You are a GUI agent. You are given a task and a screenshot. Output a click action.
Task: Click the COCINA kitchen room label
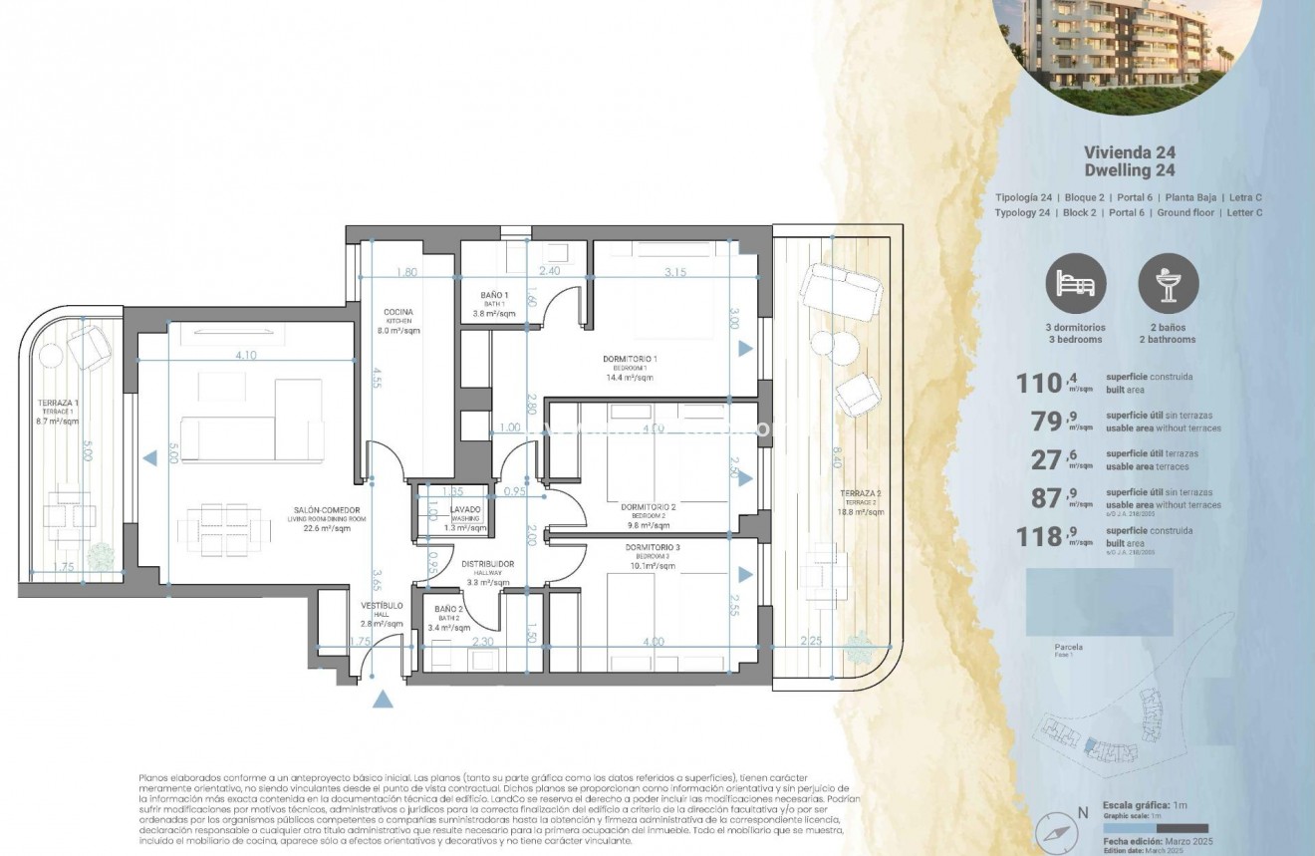coord(398,312)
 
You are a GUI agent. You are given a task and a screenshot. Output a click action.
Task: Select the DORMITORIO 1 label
coord(630,359)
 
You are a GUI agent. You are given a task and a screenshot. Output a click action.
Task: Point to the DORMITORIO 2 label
coord(648,507)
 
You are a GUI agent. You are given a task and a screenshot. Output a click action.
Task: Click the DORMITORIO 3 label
coord(653,547)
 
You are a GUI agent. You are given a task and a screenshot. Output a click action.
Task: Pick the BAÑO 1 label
coord(493,296)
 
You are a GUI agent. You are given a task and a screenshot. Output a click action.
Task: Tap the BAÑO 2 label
coord(448,608)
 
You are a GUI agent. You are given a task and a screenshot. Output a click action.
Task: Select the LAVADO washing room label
coord(465,510)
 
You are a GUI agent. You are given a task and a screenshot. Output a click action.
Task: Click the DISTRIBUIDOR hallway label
coord(488,564)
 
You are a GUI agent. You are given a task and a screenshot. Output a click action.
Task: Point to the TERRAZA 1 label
coord(59,403)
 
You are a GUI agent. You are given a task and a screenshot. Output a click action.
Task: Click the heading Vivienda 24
coord(1129,152)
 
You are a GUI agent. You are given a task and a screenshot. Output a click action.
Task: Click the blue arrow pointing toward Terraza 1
coord(148,458)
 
